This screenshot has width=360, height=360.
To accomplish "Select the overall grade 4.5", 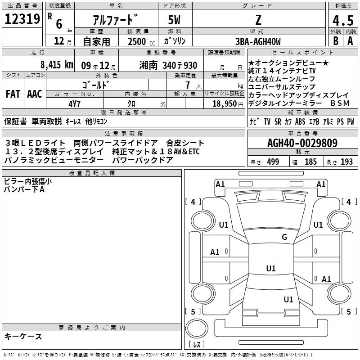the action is tap(342, 21).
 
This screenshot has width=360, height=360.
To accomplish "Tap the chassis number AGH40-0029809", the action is tap(302, 143).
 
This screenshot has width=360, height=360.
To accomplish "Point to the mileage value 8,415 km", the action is tap(56, 65).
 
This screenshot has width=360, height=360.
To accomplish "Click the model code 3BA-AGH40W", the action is tap(258, 42).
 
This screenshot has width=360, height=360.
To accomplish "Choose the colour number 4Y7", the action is tap(75, 103).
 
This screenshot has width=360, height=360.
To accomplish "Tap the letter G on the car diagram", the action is tap(284, 237).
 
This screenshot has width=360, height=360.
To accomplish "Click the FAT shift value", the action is tap(13, 94).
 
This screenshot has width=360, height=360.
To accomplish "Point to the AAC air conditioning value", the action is tap(35, 94).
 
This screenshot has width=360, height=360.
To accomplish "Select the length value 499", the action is tap(273, 162).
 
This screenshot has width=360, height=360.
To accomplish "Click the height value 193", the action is tap(346, 162).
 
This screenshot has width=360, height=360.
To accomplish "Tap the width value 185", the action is tap(310, 162).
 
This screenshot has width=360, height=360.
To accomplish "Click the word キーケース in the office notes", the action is tap(23, 337).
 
